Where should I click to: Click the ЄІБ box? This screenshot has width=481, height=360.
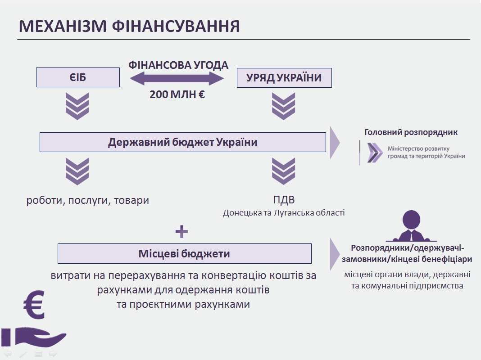(x=77, y=77)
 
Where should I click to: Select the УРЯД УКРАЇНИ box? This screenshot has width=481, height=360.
(x=284, y=77)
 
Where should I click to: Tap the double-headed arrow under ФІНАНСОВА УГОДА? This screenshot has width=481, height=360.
(x=177, y=79)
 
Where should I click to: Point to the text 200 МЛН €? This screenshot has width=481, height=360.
(x=177, y=94)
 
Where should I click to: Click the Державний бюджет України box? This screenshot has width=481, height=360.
(x=182, y=142)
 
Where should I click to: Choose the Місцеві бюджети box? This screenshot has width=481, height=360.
(x=184, y=253)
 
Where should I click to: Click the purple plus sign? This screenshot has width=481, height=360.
(x=182, y=232)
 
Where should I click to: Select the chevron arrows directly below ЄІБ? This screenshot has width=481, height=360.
(x=77, y=106)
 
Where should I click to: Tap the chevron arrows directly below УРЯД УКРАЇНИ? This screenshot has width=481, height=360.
(x=283, y=106)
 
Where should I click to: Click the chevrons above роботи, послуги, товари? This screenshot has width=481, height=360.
(x=77, y=171)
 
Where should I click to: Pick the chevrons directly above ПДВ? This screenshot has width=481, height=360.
(x=283, y=171)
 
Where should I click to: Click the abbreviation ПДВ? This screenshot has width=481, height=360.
(x=283, y=200)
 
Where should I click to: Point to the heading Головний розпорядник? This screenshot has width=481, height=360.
(x=411, y=132)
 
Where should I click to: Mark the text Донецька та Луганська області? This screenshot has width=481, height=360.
(x=283, y=212)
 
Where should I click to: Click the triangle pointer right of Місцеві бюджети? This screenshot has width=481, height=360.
(x=335, y=253)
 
